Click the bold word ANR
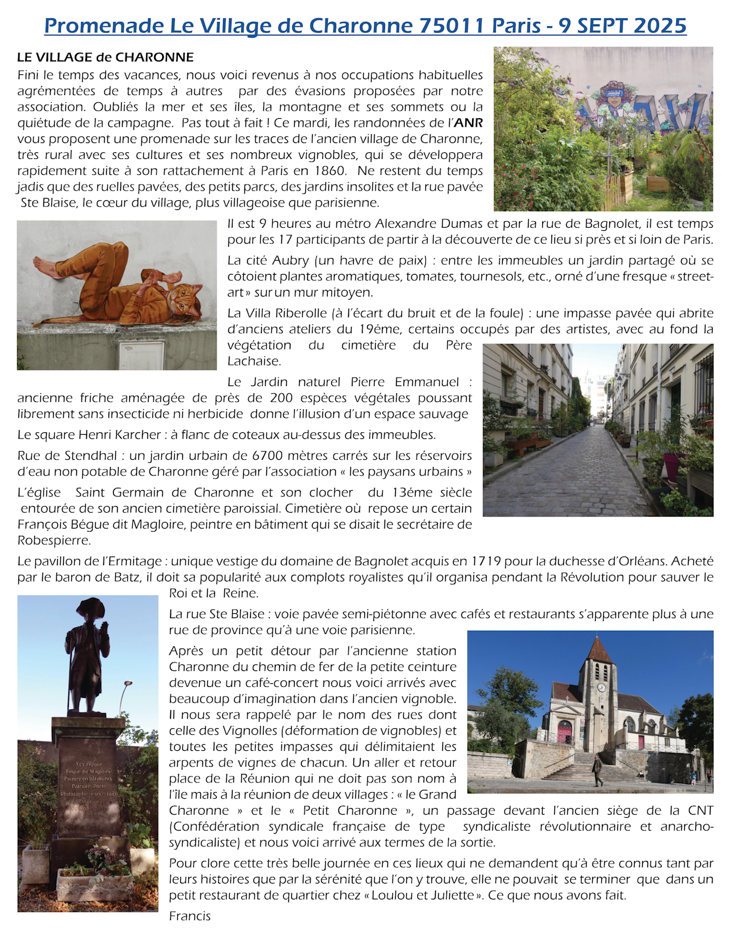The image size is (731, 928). [468, 123]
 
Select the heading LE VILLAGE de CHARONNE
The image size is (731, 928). [105, 57]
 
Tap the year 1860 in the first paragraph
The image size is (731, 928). [330, 170]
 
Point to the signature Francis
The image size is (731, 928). [190, 916]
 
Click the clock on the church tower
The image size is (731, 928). [601, 687]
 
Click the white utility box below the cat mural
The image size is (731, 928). [141, 356]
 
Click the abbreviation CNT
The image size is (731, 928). [700, 810]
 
